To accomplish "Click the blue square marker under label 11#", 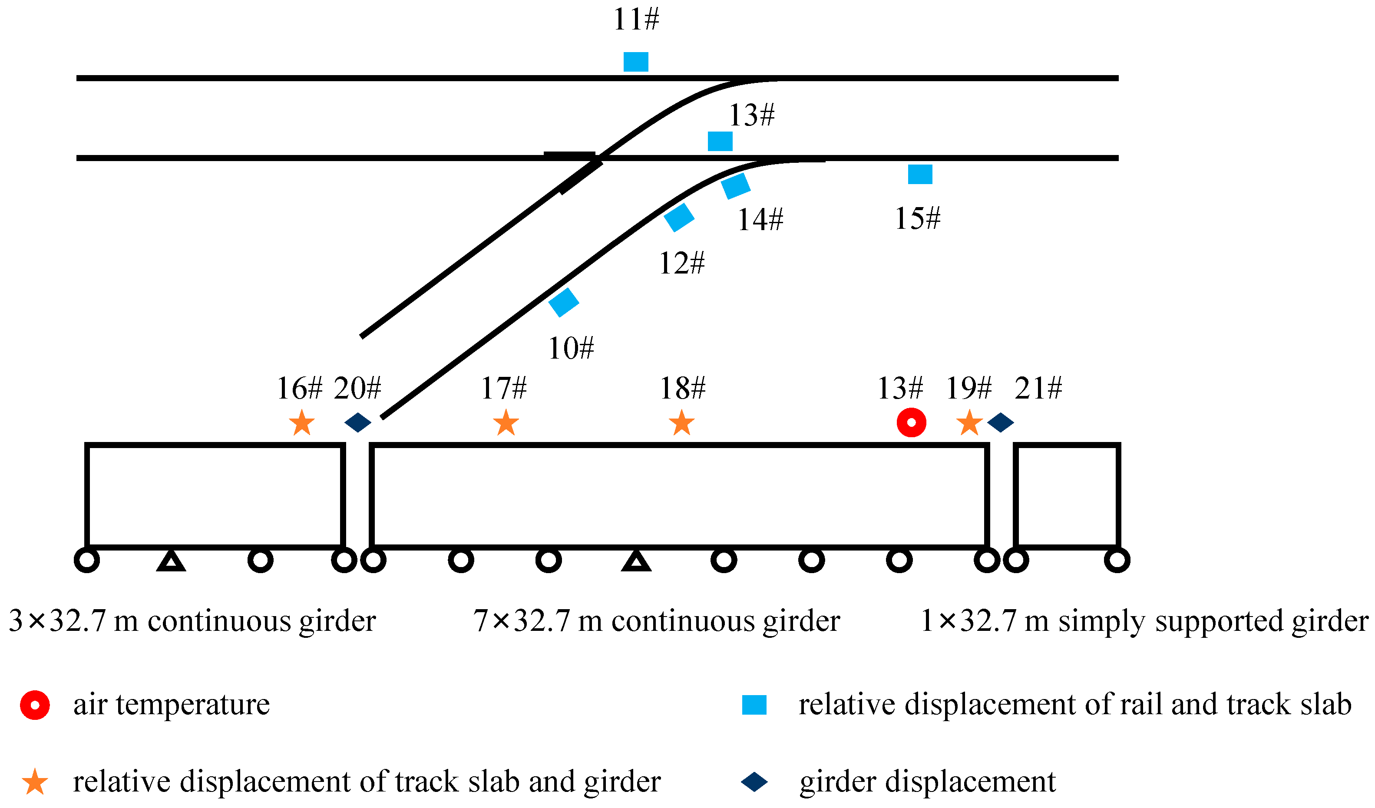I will [x=636, y=62].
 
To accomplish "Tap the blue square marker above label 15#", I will [x=920, y=174].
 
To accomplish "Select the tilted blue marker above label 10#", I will [x=563, y=302].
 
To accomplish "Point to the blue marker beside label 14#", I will [x=736, y=186].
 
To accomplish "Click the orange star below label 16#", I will [x=302, y=423].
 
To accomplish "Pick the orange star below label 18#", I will [x=682, y=423].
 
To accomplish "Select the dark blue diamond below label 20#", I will [x=358, y=422].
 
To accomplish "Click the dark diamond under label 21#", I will [x=1001, y=422].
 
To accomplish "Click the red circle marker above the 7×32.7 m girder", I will [x=911, y=422].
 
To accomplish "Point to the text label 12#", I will [x=681, y=264].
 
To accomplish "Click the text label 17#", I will [x=503, y=388].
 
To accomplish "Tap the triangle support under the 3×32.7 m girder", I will [x=171, y=562].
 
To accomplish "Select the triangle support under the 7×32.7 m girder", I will [x=636, y=562].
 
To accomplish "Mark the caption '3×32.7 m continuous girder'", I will [x=192, y=621].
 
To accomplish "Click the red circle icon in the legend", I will [x=35, y=705].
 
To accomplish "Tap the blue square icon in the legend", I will [x=754, y=705].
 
